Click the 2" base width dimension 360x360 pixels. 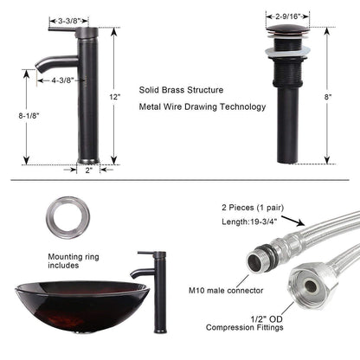coord(89,170)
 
